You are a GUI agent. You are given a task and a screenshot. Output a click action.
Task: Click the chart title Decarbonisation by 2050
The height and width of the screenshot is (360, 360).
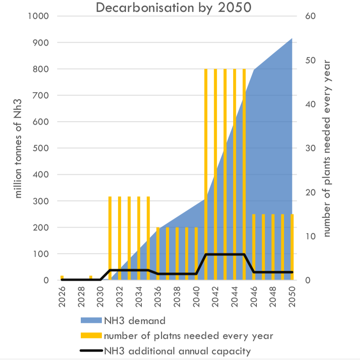point(173,7)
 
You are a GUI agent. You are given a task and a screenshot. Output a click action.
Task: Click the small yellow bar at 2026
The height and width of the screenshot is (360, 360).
point(62,277)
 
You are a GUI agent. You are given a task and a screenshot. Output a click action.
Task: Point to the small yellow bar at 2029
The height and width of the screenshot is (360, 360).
point(91,277)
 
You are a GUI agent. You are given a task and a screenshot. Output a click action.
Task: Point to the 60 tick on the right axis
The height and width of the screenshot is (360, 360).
point(305,16)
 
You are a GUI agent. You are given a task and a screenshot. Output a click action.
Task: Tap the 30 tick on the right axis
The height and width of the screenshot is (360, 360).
point(305,148)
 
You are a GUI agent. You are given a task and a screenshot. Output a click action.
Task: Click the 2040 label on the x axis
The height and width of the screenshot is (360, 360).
point(196,298)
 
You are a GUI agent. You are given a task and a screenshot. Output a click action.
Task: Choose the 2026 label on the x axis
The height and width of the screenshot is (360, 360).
point(62,298)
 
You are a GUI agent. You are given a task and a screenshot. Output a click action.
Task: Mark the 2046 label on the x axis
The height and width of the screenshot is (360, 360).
point(253,298)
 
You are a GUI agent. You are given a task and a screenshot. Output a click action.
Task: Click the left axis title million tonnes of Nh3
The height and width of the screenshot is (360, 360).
point(18,148)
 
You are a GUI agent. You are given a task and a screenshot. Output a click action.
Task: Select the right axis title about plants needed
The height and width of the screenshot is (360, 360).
point(327,148)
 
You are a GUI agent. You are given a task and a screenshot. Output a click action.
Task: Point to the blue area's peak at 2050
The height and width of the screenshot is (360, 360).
point(292,40)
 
